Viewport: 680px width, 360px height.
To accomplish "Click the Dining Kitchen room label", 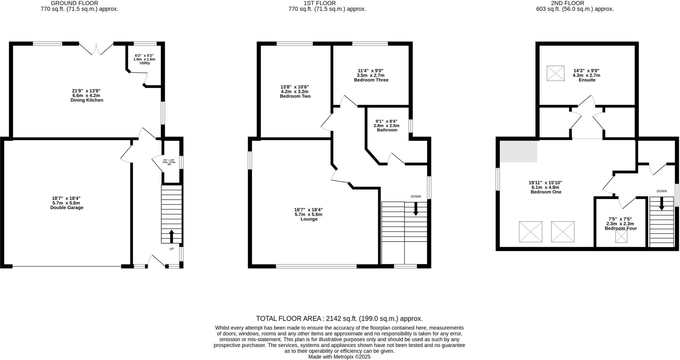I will tap(87, 100).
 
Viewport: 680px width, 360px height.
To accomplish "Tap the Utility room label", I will tap(145, 63).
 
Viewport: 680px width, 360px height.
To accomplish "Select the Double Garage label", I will tap(66, 208).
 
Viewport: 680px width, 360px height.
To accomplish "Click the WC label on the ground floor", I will tap(169, 164).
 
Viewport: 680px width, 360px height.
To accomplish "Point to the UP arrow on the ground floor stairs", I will tap(172, 236).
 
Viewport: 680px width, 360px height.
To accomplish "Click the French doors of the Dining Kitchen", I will tap(96, 50).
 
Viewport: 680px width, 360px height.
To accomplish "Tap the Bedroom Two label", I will tap(295, 96).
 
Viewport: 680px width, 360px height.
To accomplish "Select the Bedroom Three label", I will tap(371, 80).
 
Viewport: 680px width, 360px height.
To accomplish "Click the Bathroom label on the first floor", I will tap(387, 130).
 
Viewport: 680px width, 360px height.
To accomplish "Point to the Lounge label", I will tap(309, 219).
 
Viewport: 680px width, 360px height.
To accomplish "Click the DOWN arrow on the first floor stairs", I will tap(415, 209).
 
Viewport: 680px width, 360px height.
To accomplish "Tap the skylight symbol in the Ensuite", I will tap(555, 73).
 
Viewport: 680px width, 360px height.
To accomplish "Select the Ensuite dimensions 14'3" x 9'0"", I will tap(586, 71).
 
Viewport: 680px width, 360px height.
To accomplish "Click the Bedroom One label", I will tap(546, 192).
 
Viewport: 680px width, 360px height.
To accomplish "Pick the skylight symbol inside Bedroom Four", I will tap(621, 237).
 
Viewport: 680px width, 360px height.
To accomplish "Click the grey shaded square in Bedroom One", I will tap(518, 151).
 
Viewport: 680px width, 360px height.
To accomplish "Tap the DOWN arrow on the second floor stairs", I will tap(661, 203).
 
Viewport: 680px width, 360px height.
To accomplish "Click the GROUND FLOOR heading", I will tap(74, 3).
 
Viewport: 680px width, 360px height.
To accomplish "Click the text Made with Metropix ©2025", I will tap(339, 357).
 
